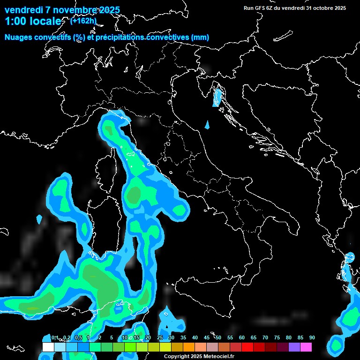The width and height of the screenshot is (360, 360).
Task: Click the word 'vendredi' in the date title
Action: pos(22,10)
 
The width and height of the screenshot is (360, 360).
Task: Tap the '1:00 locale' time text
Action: pos(33,21)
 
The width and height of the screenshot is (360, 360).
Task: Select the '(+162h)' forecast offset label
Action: pos(83,21)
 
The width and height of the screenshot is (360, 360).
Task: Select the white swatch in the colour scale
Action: pos(48,347)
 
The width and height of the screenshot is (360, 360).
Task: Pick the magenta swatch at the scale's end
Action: pos(306,347)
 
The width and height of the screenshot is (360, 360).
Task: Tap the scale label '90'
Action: pos(312,337)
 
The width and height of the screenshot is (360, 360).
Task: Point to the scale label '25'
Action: pos(159,337)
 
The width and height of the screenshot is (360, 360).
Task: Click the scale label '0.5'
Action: pos(78,337)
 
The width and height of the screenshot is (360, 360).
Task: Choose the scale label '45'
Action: pos(206,337)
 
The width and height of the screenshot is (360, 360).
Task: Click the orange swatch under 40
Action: pos(188,347)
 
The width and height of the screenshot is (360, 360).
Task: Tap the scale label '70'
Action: pos(265,337)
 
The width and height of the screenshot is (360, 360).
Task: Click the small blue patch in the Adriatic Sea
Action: pos(207,125)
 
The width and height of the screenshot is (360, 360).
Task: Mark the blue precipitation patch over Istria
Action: pos(217,97)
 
